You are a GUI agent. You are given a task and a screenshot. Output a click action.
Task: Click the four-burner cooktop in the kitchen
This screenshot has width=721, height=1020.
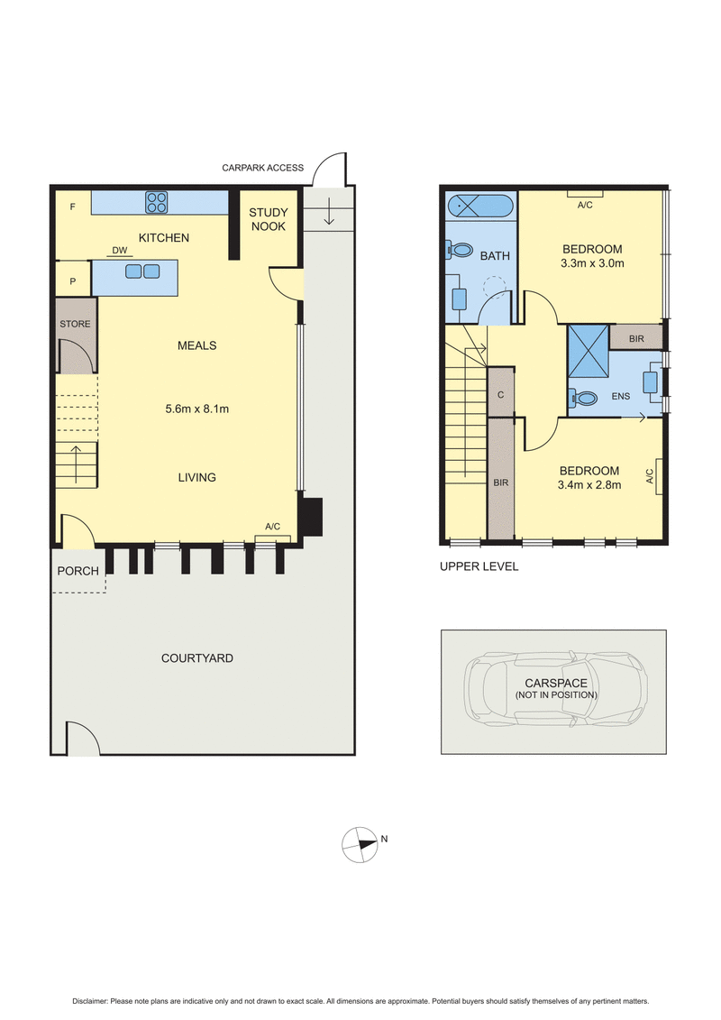(x=156, y=202)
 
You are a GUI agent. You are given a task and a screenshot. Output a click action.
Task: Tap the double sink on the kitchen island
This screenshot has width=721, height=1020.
(x=142, y=271)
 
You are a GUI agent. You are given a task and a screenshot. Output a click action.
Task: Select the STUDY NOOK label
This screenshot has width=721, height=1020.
(x=269, y=219)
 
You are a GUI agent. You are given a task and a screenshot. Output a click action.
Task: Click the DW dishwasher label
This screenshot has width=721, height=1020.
(x=119, y=251)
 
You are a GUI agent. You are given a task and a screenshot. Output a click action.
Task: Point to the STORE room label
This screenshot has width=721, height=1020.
(x=75, y=324)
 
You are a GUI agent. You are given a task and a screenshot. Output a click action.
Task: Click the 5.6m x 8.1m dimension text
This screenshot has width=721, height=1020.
(x=196, y=409)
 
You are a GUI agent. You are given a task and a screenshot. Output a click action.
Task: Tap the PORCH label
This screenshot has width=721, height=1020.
(x=78, y=571)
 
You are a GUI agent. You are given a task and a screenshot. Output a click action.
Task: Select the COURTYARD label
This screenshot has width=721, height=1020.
(x=196, y=658)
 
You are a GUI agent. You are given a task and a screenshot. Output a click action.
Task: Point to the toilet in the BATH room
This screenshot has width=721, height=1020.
(x=461, y=250)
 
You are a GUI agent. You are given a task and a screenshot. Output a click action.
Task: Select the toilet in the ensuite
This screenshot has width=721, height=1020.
(x=586, y=397)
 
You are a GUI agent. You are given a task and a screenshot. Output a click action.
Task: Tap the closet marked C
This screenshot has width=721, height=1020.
(x=500, y=395)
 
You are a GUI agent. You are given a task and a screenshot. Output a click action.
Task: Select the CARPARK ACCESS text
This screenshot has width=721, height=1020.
(x=263, y=168)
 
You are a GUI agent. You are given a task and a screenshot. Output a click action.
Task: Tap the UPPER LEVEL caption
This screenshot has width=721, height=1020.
(x=478, y=567)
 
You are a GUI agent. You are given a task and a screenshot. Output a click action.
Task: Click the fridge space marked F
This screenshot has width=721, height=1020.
(x=72, y=207)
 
